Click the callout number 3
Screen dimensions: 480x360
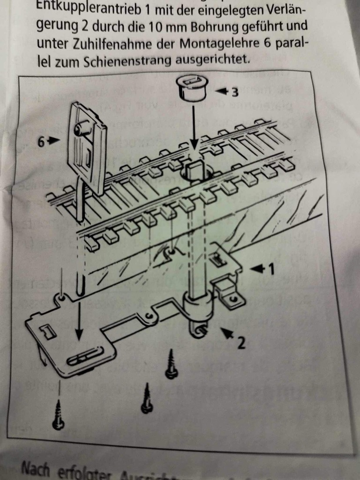point(235,93)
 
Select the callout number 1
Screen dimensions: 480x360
point(271,270)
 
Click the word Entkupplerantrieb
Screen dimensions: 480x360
point(90,8)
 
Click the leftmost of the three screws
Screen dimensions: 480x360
point(58,415)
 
